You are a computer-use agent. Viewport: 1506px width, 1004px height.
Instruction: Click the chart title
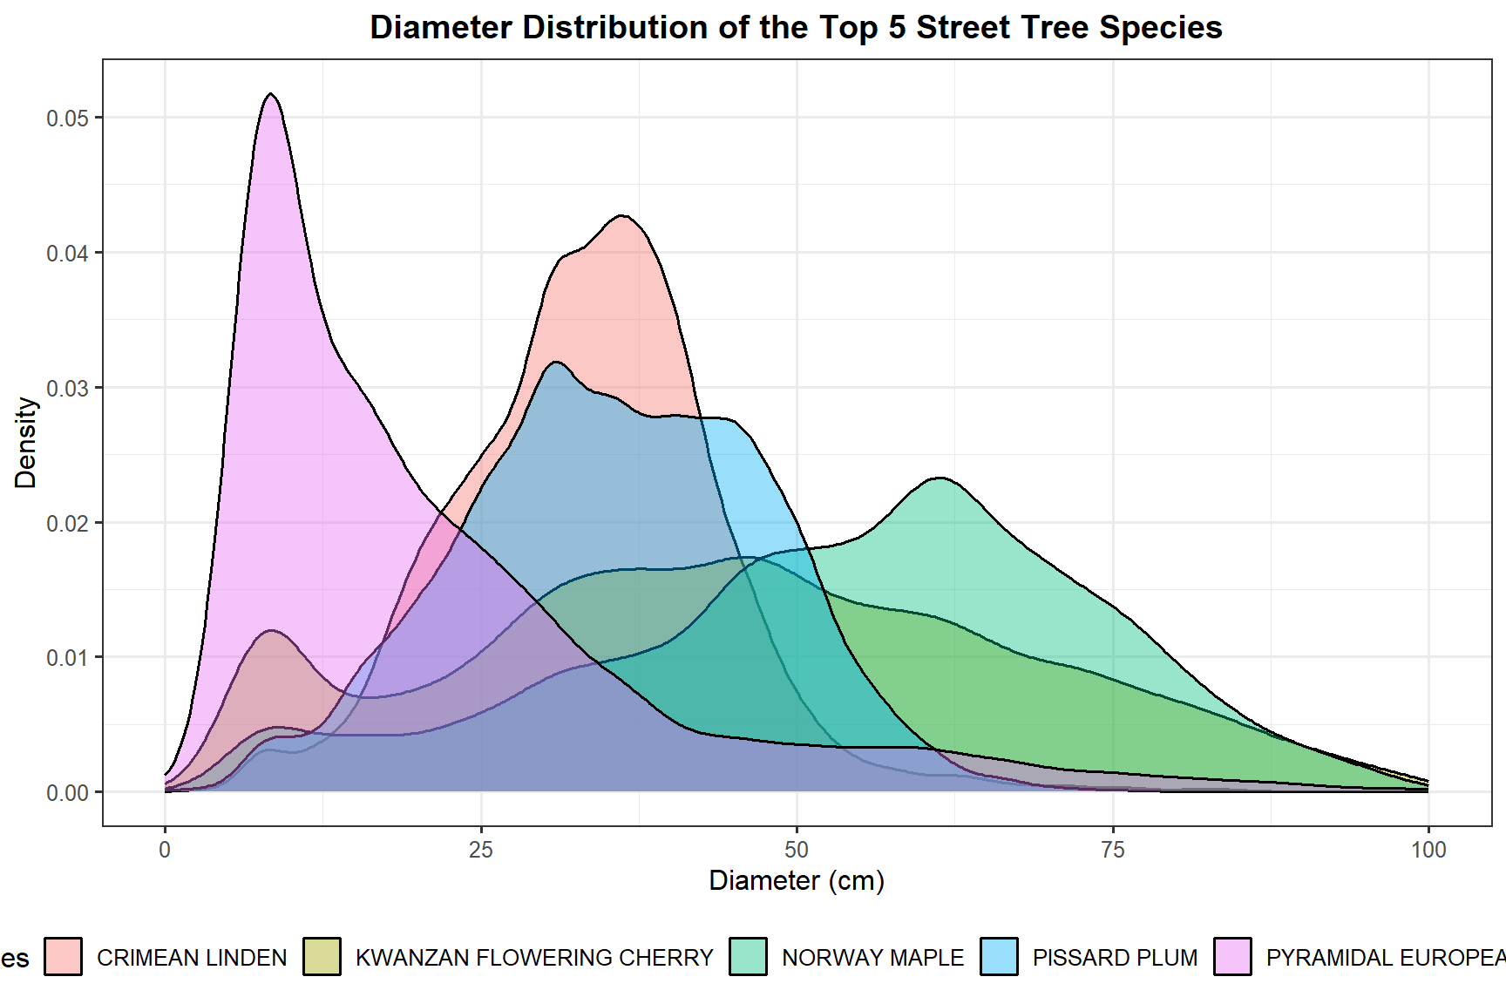pos(796,28)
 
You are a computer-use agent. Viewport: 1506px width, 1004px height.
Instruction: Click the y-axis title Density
pos(26,443)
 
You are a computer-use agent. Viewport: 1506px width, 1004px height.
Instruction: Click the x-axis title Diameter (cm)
pos(797,881)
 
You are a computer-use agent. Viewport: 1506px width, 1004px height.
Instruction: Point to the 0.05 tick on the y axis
pos(68,119)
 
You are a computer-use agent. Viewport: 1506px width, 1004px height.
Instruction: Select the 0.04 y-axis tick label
pos(68,254)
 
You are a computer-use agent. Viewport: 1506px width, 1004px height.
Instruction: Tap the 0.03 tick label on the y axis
pos(68,389)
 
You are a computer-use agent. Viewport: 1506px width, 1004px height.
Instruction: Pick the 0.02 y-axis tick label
pos(68,523)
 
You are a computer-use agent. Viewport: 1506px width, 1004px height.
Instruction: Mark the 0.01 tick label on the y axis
pos(68,658)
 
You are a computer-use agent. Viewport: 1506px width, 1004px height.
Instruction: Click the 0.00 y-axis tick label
pos(68,793)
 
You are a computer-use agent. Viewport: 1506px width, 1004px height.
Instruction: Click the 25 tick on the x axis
pos(481,850)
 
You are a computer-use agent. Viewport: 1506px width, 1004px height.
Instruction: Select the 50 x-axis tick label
pos(797,850)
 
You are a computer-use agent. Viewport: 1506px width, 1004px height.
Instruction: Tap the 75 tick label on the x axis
pos(1113,850)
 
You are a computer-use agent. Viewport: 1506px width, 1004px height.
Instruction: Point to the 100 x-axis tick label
pos(1428,850)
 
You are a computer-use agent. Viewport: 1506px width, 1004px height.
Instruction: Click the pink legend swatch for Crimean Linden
pos(64,956)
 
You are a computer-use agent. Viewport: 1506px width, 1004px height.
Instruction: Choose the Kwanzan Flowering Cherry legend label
pos(534,958)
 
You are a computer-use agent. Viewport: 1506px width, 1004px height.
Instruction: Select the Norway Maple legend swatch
pos(749,956)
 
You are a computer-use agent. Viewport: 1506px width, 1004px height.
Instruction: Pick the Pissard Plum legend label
pos(1115,958)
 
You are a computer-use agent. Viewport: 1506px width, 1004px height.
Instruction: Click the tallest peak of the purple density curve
pos(271,94)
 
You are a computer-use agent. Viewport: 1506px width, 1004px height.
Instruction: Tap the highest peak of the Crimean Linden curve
pos(621,215)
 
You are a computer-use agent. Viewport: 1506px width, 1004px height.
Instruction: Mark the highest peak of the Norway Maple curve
pos(940,478)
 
